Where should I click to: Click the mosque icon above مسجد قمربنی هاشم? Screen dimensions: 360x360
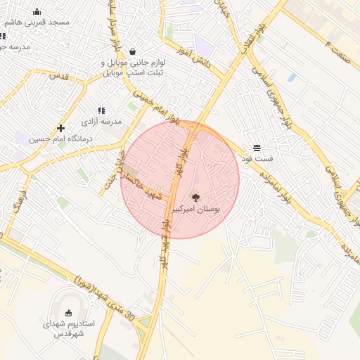[37, 11]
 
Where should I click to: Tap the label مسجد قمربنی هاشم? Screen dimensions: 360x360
[37, 22]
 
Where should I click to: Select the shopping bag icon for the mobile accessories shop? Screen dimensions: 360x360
[133, 51]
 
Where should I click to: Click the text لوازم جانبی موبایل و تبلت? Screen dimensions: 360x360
[134, 67]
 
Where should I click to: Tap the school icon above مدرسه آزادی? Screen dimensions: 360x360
[101, 110]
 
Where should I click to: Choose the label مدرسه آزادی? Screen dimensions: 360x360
[102, 122]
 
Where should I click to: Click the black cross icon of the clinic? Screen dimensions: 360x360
[61, 128]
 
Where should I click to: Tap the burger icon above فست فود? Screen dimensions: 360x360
[257, 148]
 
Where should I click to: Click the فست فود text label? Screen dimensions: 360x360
[258, 159]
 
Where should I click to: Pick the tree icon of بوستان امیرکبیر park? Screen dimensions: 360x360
[195, 198]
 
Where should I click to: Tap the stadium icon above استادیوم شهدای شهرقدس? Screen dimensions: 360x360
[68, 313]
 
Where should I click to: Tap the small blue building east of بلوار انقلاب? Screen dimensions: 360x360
[291, 77]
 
